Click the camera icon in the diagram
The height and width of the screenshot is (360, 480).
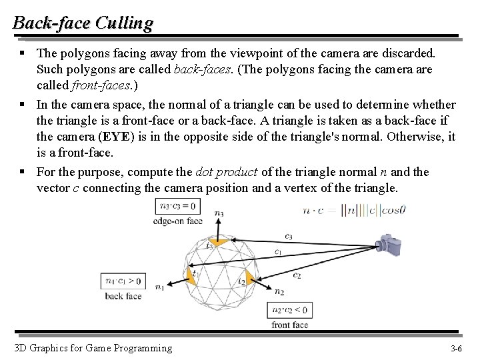point(389,244)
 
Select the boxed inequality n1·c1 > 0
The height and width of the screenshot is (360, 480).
point(123,281)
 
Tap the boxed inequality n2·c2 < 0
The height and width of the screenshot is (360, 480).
point(289,310)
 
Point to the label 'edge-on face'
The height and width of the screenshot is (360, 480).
point(177,221)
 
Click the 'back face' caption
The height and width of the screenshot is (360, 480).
point(123,296)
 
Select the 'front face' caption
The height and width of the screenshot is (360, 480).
point(289,325)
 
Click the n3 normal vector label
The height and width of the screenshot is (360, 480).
point(219,213)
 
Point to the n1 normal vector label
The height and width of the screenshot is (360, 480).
point(159,287)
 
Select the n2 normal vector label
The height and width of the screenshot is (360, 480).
point(279,292)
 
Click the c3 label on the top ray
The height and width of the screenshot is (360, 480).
point(288,236)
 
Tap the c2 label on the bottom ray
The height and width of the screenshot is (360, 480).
point(297,275)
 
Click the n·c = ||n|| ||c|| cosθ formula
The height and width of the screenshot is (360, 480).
point(354,211)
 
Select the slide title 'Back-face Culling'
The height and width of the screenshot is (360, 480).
point(83,23)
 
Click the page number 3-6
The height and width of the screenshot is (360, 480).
point(457,349)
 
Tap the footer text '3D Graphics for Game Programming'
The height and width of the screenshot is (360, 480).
point(93,348)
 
